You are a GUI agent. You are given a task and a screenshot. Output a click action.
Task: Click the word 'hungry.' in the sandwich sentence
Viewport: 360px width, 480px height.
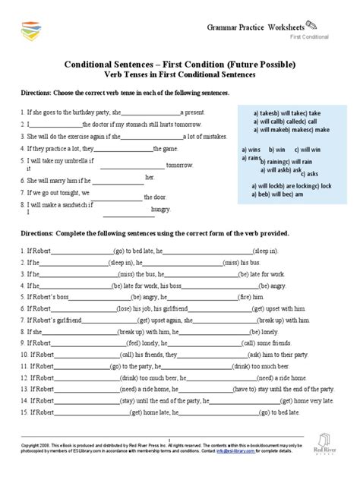(161, 208)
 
